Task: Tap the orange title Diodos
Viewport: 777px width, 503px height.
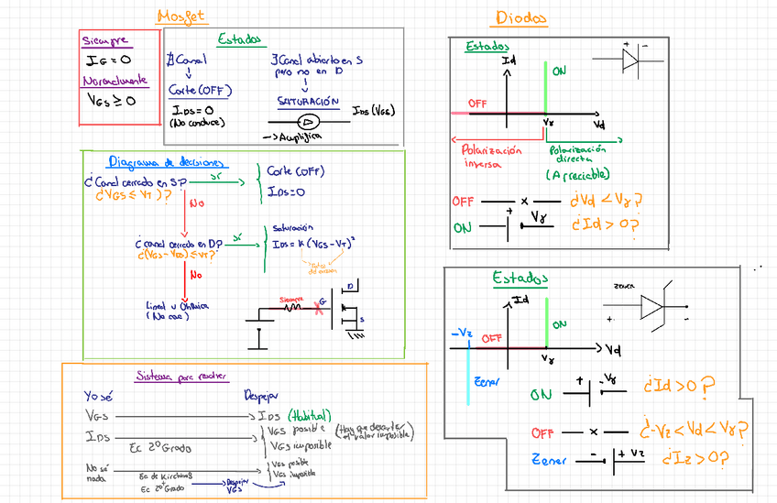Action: click(520, 17)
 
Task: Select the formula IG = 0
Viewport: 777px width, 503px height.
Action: click(107, 60)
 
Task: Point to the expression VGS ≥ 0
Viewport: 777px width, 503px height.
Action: click(111, 100)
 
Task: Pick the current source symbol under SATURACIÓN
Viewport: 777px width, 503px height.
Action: click(309, 121)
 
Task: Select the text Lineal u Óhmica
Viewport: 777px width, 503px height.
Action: click(178, 310)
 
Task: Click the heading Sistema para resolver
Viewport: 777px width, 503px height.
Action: click(182, 376)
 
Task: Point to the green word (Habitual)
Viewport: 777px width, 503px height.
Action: click(310, 414)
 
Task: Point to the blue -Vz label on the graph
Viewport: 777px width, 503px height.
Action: click(461, 335)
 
